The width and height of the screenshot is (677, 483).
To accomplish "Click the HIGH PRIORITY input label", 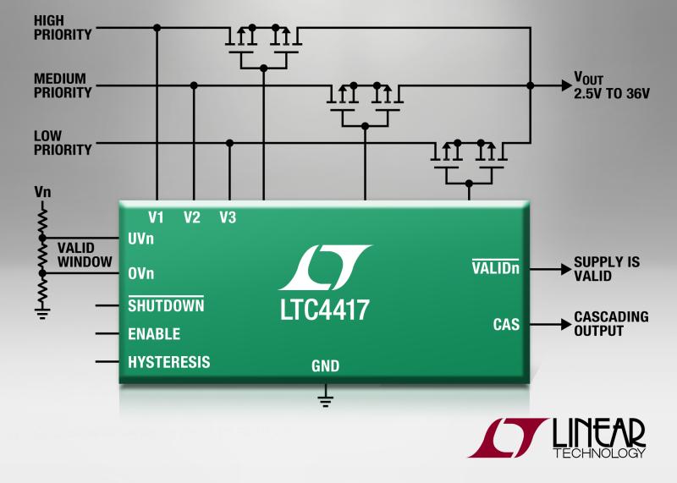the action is pos(63,28).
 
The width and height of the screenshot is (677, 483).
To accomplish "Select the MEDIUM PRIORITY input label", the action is pos(63,85).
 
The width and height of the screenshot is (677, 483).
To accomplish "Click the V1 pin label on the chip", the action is pos(156,217).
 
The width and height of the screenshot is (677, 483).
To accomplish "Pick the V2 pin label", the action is pos(192,217).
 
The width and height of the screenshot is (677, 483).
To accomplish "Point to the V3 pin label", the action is pos(228,217).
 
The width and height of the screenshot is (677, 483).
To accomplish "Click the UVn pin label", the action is pos(140,239).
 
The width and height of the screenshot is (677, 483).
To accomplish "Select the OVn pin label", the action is pos(140,273).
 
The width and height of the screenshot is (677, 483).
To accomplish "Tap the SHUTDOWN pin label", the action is pos(166,305).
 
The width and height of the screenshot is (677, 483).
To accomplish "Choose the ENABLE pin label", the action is pos(154,333).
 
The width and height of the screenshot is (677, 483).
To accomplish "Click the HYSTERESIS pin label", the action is pos(168,362).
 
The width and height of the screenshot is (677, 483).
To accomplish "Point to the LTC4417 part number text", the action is pos(325,310).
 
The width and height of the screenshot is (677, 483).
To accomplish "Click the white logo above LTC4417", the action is pos(325,267).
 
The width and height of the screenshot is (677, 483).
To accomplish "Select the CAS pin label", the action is pos(506,325).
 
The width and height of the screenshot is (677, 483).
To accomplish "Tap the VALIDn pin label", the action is pos(496,267).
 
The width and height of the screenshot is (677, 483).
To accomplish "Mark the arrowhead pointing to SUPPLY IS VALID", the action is pos(566,269).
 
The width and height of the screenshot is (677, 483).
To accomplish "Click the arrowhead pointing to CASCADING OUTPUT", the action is pos(566,324).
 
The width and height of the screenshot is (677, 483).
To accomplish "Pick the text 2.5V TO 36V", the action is pos(611,94).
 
